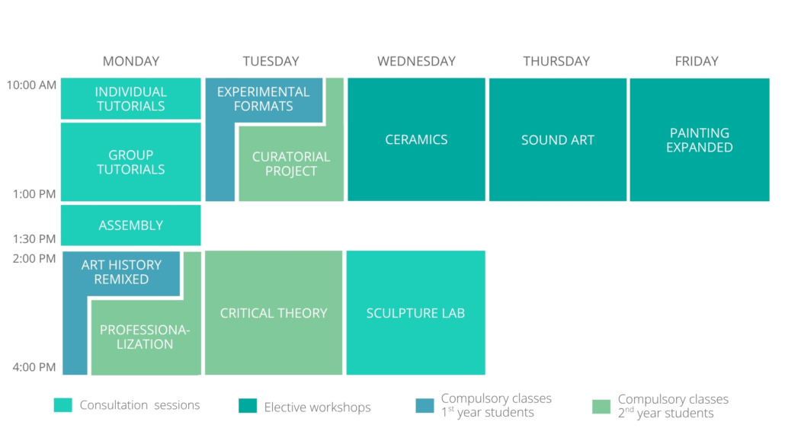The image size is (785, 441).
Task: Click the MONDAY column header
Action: (130, 61)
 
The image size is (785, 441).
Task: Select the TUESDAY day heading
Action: (271, 61)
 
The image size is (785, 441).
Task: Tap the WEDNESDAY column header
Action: (417, 61)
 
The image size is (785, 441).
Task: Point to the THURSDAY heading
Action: (556, 61)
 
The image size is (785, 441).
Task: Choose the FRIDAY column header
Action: (697, 61)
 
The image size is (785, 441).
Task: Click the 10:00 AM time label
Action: (31, 85)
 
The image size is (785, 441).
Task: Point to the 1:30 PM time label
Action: (34, 238)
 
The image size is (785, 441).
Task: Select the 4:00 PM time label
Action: (34, 367)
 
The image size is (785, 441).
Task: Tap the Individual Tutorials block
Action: (130, 98)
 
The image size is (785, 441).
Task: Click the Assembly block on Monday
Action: (130, 225)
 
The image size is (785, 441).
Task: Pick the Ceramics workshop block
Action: (417, 139)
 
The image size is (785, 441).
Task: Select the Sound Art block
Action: (558, 139)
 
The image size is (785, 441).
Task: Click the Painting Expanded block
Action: (700, 139)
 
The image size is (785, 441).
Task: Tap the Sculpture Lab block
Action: (415, 313)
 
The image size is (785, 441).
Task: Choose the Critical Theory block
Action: (274, 313)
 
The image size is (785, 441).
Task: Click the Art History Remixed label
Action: (121, 272)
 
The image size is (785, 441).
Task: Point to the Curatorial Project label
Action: (291, 164)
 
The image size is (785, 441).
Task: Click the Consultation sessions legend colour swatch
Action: (63, 405)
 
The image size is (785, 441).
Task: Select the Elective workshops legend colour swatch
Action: (248, 405)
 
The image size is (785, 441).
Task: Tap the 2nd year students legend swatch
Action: (601, 407)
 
